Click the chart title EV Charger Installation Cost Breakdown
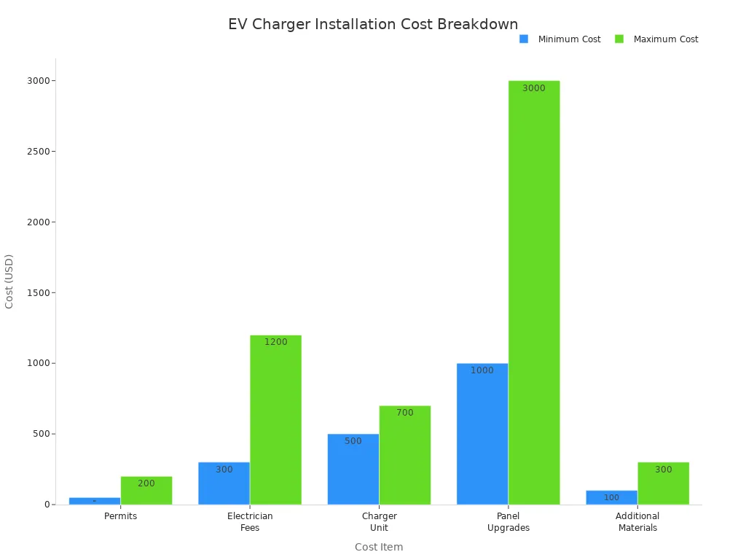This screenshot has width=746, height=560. coord(373,24)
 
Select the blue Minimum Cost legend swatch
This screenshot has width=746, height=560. coord(524,39)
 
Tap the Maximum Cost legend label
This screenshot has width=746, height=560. coord(665,39)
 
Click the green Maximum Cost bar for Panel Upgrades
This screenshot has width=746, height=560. coord(534,292)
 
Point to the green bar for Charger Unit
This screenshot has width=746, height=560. coord(404,455)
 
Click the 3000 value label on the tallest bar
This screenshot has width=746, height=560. coord(534,88)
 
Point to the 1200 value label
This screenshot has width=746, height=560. coord(275,342)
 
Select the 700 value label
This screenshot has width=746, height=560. coord(404,413)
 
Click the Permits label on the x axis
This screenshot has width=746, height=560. coord(121,516)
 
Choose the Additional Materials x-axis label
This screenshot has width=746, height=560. coord(637,522)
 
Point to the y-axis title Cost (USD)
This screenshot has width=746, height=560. coord(9,281)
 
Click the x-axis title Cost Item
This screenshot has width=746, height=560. coord(379,547)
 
